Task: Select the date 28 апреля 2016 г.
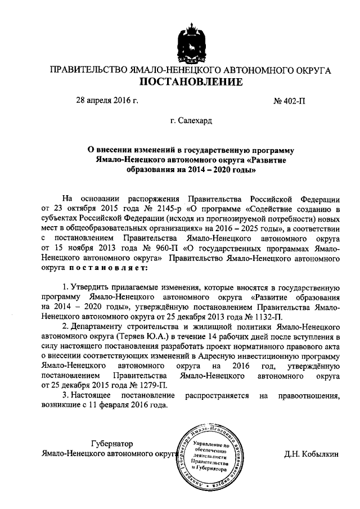(107, 102)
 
